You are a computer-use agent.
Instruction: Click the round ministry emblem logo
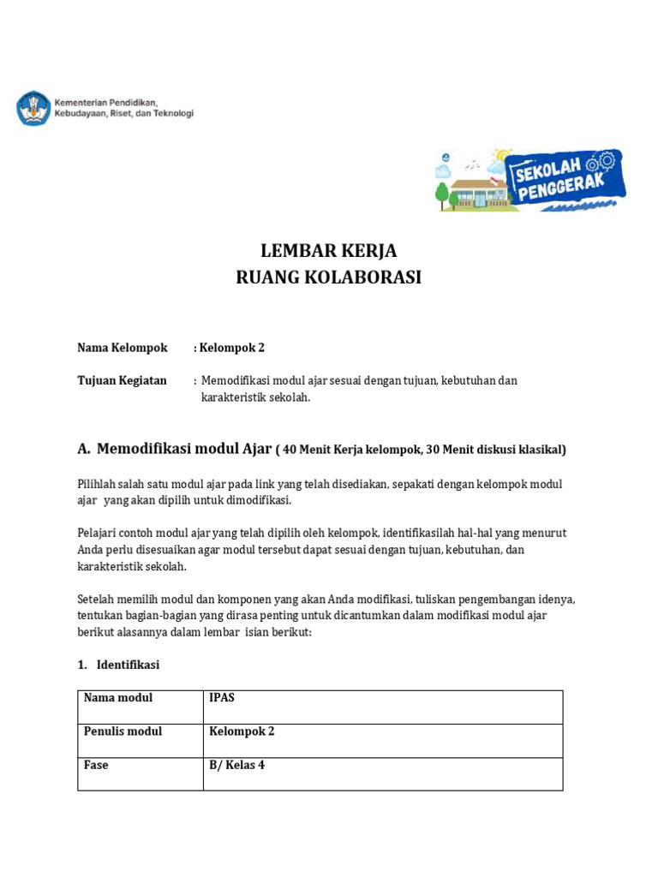coord(33,108)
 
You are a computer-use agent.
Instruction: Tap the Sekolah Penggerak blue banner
coord(568,180)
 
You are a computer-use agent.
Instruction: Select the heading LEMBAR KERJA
coord(329,251)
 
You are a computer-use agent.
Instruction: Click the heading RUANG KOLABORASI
coord(329,278)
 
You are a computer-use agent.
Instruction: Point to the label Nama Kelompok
coord(122,348)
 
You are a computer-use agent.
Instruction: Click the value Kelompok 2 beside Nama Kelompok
coord(232,348)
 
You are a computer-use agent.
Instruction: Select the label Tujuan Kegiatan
coord(122,380)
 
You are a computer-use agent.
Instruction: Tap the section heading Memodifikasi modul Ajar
coord(184,448)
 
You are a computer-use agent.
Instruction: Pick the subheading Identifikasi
coord(128,665)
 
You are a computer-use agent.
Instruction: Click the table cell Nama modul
coord(118,698)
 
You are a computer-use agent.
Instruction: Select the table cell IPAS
coord(222,698)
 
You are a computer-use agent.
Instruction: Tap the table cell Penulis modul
coord(123,731)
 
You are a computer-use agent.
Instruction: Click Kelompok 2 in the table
coord(242,731)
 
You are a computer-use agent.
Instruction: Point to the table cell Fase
coord(96,765)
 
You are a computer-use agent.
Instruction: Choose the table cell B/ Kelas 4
coord(237,765)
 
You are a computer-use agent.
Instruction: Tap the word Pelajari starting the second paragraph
coord(98,534)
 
